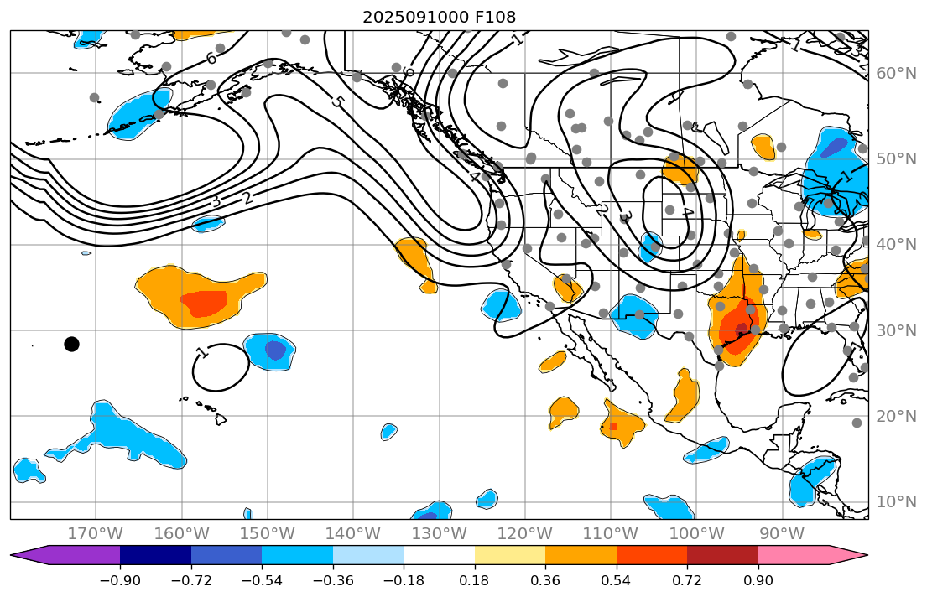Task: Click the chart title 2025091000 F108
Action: click(x=439, y=17)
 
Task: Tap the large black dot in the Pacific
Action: click(x=71, y=344)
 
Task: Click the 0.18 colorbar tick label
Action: click(x=475, y=580)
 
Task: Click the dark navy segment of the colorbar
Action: click(x=155, y=555)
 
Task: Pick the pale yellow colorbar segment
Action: click(x=510, y=555)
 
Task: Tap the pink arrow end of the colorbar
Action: click(x=847, y=555)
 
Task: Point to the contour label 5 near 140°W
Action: click(x=337, y=102)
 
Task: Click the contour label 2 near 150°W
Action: click(x=247, y=199)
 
